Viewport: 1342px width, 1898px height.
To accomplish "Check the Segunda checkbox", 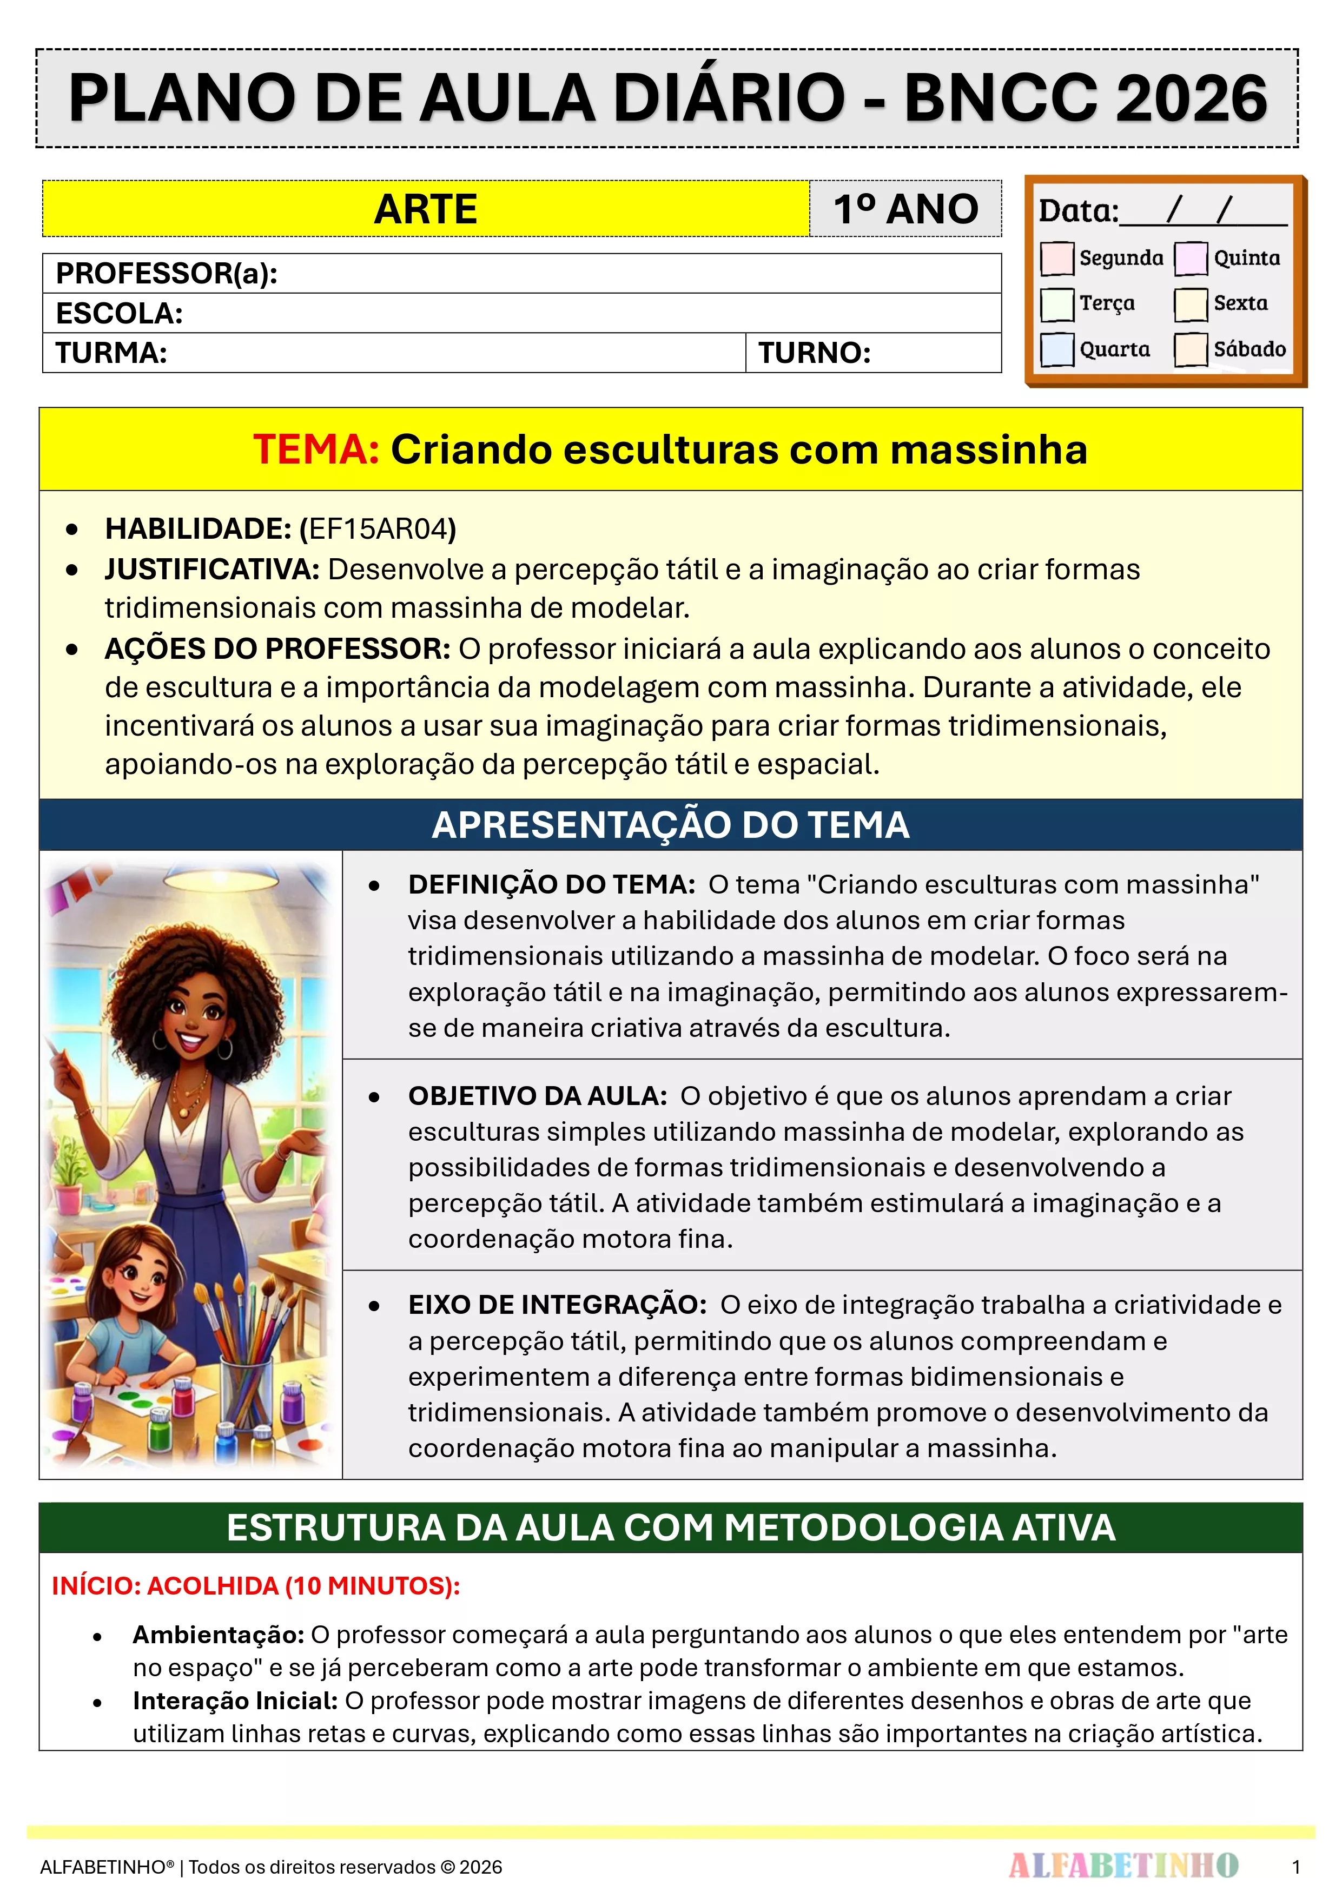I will coord(1057,258).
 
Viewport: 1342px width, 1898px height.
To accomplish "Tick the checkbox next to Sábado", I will coord(1190,349).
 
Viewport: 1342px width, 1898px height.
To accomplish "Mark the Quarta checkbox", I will coord(1057,349).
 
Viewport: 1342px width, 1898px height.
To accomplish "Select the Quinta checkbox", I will coord(1190,258).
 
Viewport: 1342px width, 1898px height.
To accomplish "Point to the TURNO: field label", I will coord(815,353).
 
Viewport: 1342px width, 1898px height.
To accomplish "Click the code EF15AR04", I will coord(378,529).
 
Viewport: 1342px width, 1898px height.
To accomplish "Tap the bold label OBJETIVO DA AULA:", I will coord(538,1096).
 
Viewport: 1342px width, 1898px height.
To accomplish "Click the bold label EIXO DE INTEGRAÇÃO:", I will coord(557,1305).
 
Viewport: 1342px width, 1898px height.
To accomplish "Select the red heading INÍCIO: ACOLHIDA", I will coord(255,1585).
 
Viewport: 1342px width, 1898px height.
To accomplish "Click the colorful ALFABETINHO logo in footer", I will coord(1123,1865).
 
